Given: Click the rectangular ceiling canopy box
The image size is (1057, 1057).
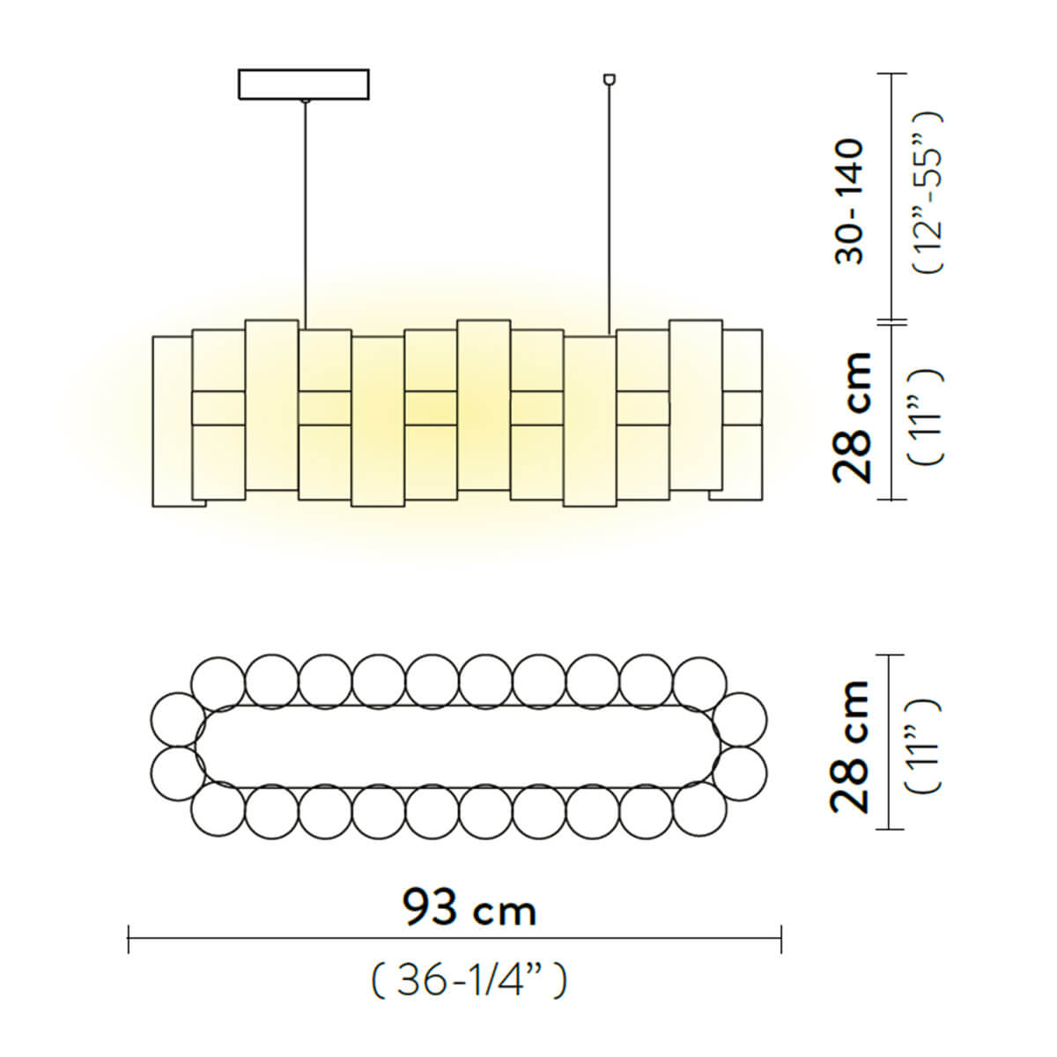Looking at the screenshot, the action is (303, 84).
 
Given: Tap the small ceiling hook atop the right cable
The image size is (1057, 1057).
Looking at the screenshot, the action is (609, 79).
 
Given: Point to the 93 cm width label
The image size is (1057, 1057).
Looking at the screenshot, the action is (469, 908).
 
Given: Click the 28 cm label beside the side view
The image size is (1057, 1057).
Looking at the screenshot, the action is (851, 418).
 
